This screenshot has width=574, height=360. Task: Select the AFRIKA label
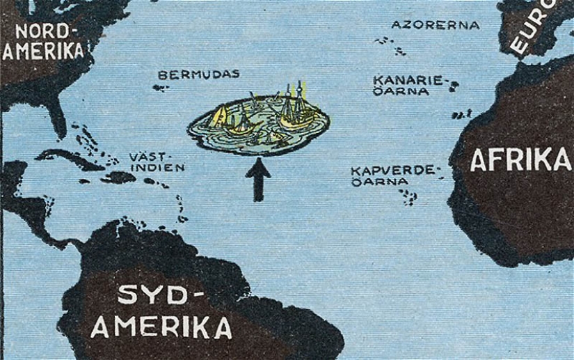click(520, 159)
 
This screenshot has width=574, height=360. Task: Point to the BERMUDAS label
click(198, 75)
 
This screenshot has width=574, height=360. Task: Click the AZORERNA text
click(436, 25)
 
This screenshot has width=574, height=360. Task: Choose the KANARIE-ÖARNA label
click(408, 85)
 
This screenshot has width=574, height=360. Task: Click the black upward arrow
click(258, 179)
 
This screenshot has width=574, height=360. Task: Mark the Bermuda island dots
click(161, 88)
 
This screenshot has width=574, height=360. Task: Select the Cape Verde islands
click(408, 196)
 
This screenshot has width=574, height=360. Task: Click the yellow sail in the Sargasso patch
click(220, 115)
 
